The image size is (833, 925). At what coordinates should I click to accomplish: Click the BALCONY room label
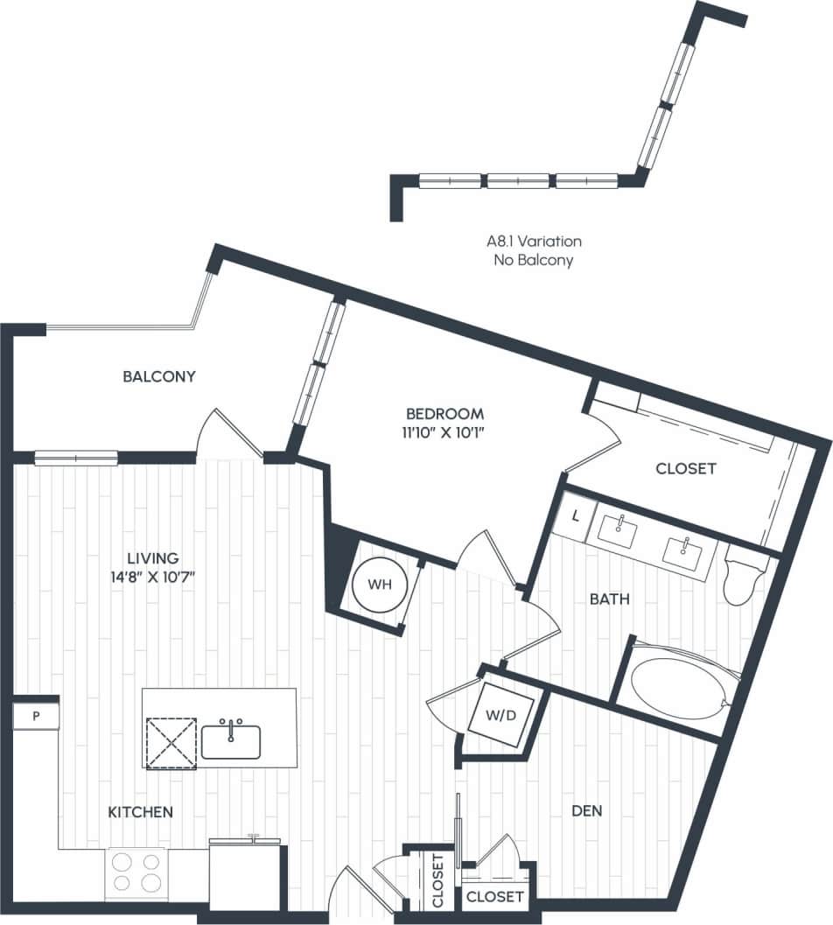click(158, 376)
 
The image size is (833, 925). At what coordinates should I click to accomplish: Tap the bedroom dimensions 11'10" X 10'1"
click(444, 430)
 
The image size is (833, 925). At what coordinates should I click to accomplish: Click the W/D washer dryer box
click(495, 715)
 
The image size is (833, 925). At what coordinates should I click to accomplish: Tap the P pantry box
click(36, 717)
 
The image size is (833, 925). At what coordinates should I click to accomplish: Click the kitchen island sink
click(231, 740)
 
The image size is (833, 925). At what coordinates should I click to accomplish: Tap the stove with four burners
click(138, 872)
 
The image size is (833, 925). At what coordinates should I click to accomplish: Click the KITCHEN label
click(140, 812)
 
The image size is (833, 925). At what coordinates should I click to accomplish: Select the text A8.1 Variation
click(534, 241)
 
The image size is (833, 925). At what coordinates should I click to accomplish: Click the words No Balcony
click(534, 260)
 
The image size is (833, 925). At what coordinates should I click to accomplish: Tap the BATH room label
click(610, 599)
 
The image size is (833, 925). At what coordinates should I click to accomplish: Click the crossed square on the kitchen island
click(171, 743)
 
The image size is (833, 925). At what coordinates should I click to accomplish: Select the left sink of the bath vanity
click(620, 527)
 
